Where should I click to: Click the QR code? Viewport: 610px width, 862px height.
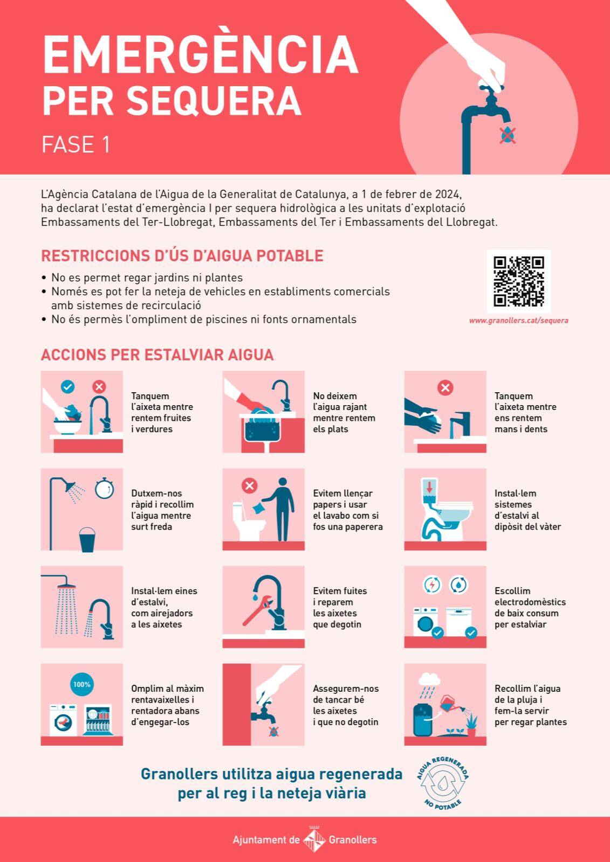(519, 282)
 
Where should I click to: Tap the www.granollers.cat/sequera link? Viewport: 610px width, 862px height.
(518, 321)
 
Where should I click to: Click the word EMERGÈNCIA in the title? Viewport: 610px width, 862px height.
(201, 54)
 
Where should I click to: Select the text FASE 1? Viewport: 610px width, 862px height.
(76, 144)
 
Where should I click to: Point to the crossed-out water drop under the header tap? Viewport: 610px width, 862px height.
(508, 135)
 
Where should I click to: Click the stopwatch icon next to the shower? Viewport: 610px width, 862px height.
(105, 488)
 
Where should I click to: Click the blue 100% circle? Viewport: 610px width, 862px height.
(81, 685)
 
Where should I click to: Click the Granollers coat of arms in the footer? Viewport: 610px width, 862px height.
(314, 840)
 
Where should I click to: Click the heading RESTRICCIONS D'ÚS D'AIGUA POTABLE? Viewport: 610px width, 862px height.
(182, 256)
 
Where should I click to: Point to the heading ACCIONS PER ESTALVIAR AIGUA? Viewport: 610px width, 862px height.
(157, 355)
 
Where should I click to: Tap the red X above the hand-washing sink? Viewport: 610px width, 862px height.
(445, 387)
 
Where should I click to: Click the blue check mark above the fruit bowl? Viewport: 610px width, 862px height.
(68, 387)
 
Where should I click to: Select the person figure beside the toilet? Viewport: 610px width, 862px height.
(281, 509)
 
